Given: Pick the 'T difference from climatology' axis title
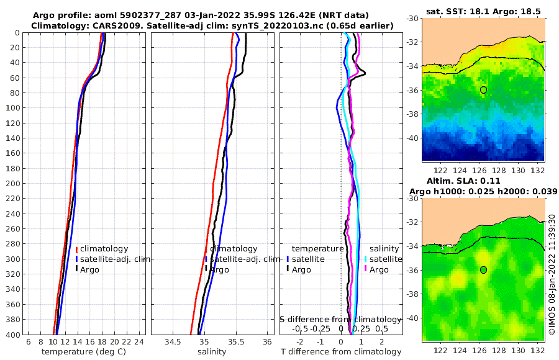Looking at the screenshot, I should pos(341,352).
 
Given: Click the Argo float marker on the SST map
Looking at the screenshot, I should pos(483,90).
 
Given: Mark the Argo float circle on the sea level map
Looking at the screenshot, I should pos(483,270).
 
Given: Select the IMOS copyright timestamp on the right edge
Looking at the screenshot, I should pos(552,273).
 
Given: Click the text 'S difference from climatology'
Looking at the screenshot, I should pos(341,318).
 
